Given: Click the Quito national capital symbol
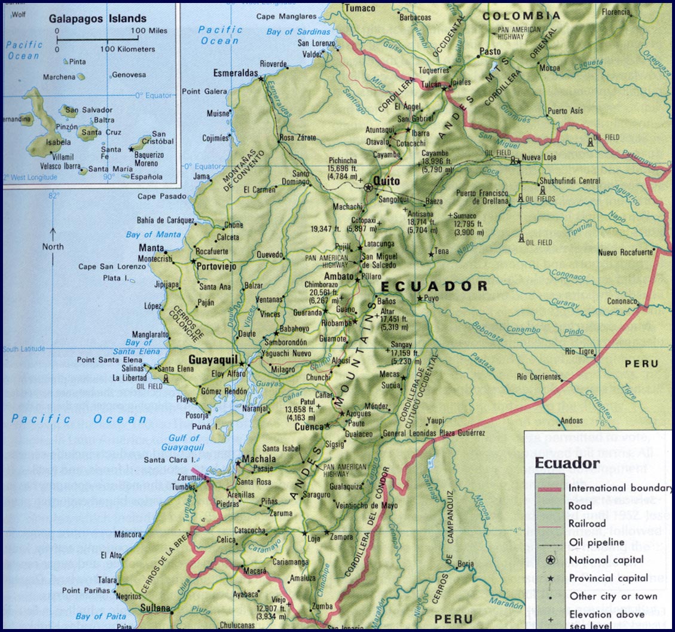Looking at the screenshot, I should tap(368, 187).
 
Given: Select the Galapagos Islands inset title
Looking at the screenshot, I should tap(99, 19).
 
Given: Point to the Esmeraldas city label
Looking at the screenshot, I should tap(235, 74).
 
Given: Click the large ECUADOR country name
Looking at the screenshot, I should tap(434, 286).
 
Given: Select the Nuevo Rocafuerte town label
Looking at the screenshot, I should tap(626, 252).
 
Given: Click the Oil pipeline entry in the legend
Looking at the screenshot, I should tap(596, 542).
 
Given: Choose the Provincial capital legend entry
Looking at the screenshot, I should tap(608, 578).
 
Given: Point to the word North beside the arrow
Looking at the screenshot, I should tap(53, 247).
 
